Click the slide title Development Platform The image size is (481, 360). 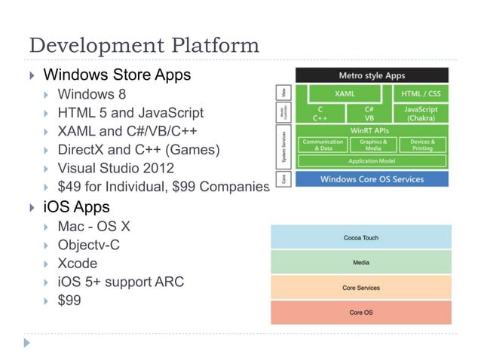(x=143, y=44)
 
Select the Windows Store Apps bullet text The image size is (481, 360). (x=117, y=75)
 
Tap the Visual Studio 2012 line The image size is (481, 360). (x=115, y=168)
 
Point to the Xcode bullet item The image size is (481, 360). (x=77, y=264)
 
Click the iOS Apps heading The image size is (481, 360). (x=76, y=206)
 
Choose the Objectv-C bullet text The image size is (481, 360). (x=88, y=245)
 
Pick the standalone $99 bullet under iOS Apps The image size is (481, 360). (x=69, y=301)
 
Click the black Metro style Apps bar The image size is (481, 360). (x=372, y=75)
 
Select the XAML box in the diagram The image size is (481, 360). (x=344, y=94)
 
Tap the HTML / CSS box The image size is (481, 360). (x=421, y=94)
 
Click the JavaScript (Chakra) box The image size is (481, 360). (x=421, y=114)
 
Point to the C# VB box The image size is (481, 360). (x=369, y=114)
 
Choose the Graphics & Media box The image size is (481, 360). (x=373, y=145)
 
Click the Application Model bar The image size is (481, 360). (x=372, y=161)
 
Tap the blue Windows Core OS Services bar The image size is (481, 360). (x=372, y=179)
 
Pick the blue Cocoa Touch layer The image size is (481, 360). (x=361, y=237)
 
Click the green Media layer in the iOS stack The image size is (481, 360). (x=361, y=262)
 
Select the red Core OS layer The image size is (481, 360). (x=361, y=312)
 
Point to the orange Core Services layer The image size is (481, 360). (x=361, y=287)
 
